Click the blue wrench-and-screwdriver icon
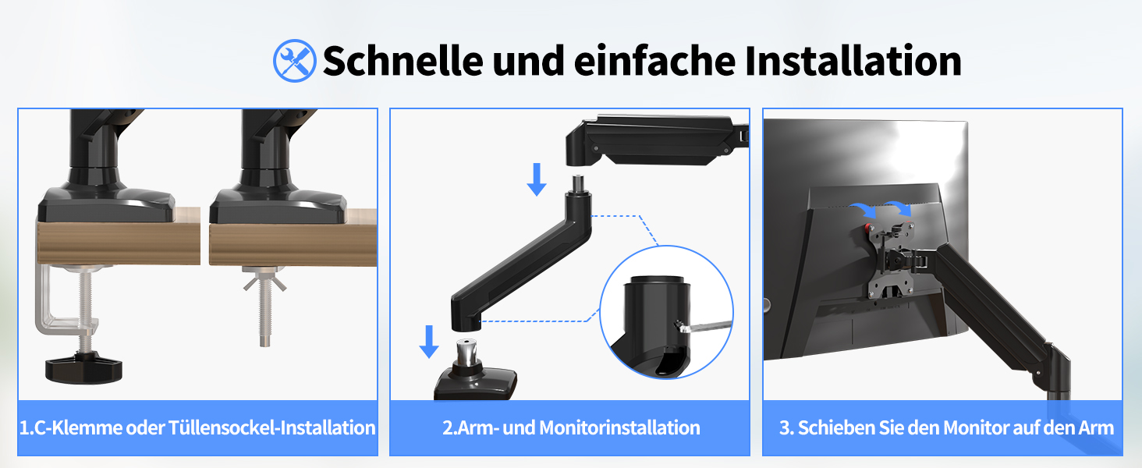[x=294, y=61]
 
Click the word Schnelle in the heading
[x=403, y=61]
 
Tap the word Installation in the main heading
[x=853, y=61]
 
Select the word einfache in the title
[x=655, y=61]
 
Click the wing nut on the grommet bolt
[x=264, y=282]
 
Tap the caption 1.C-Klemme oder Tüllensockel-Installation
[x=197, y=427]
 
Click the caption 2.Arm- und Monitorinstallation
[x=571, y=427]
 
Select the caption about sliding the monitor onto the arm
[x=946, y=427]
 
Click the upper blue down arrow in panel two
[x=537, y=179]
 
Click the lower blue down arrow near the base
[x=429, y=342]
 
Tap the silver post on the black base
[x=466, y=351]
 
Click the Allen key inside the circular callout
[x=704, y=326]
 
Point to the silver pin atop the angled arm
[x=578, y=183]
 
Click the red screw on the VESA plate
[x=867, y=227]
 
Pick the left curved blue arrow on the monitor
[x=863, y=210]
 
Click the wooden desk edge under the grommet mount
[x=293, y=245]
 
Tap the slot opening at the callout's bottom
[x=669, y=361]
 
